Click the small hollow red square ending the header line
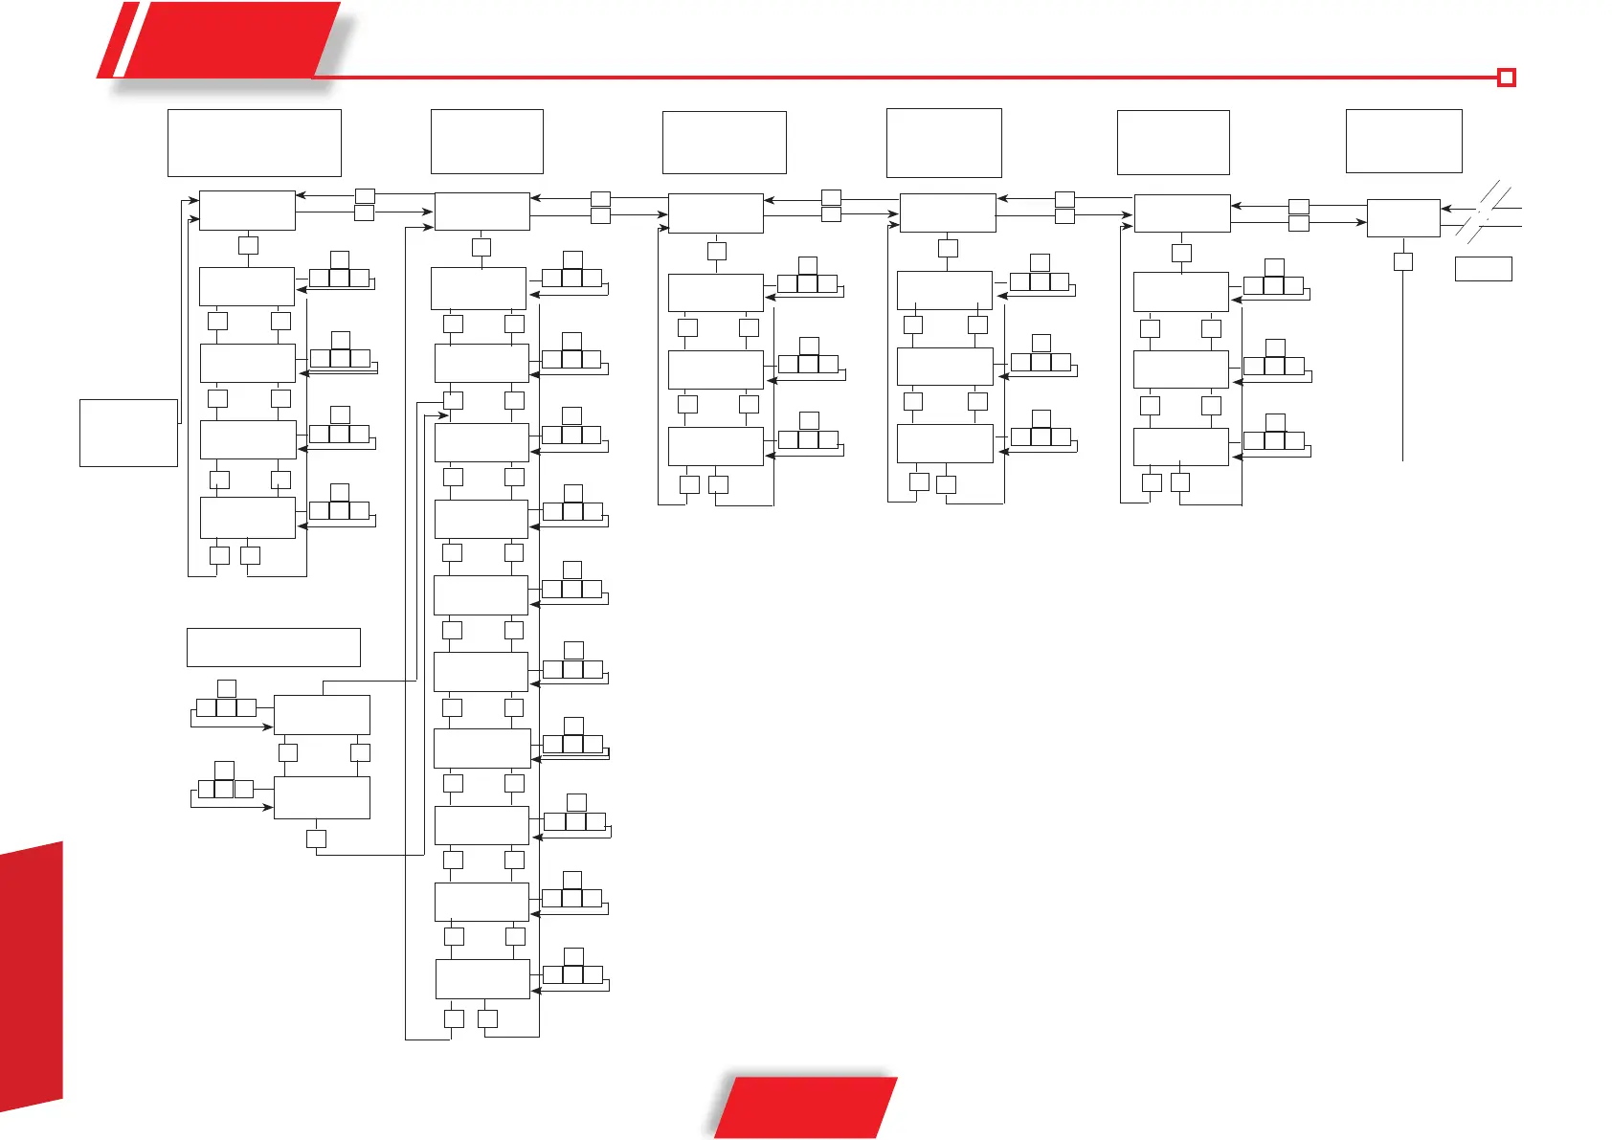click(1507, 78)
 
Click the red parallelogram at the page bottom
click(806, 1106)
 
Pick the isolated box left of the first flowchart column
click(128, 433)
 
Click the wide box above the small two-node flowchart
click(273, 647)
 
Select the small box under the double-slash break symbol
click(1483, 268)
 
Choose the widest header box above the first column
click(254, 143)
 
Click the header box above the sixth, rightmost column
click(1403, 141)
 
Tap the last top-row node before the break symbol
click(1402, 218)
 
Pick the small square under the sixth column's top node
click(1402, 261)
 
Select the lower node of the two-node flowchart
click(322, 797)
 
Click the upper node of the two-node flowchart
click(322, 715)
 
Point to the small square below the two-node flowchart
click(316, 838)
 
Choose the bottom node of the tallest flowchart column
click(482, 979)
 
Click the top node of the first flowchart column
click(247, 211)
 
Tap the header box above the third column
click(724, 143)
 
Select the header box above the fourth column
click(944, 143)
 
